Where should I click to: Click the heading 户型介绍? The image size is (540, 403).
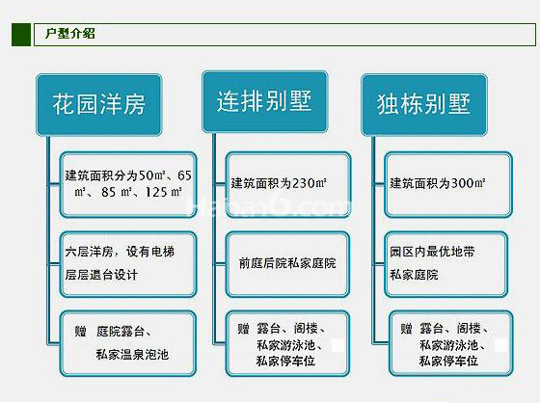point(69,34)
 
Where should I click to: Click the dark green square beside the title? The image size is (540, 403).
point(21,35)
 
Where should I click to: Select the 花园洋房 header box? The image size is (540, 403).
point(99,105)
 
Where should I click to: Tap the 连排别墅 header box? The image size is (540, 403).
point(264,101)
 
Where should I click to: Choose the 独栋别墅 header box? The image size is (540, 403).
point(424,105)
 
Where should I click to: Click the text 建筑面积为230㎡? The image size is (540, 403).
point(279,183)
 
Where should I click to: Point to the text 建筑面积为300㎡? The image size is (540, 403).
point(438,183)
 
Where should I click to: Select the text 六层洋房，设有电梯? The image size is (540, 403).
point(120,252)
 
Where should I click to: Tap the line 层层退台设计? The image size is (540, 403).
point(101,275)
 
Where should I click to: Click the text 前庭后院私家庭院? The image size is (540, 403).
point(287,263)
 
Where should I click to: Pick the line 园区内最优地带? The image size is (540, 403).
point(432,252)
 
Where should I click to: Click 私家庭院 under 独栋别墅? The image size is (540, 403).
point(414,275)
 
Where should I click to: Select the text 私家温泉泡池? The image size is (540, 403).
point(133,355)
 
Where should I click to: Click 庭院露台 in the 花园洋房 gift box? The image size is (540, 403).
point(121,332)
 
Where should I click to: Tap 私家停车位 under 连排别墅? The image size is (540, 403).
point(285,361)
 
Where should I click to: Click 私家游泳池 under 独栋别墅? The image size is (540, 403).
point(448,345)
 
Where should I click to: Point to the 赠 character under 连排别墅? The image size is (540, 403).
point(243,329)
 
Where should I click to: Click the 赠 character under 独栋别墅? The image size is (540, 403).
point(406,329)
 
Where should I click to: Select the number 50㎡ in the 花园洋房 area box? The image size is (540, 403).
point(152,175)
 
